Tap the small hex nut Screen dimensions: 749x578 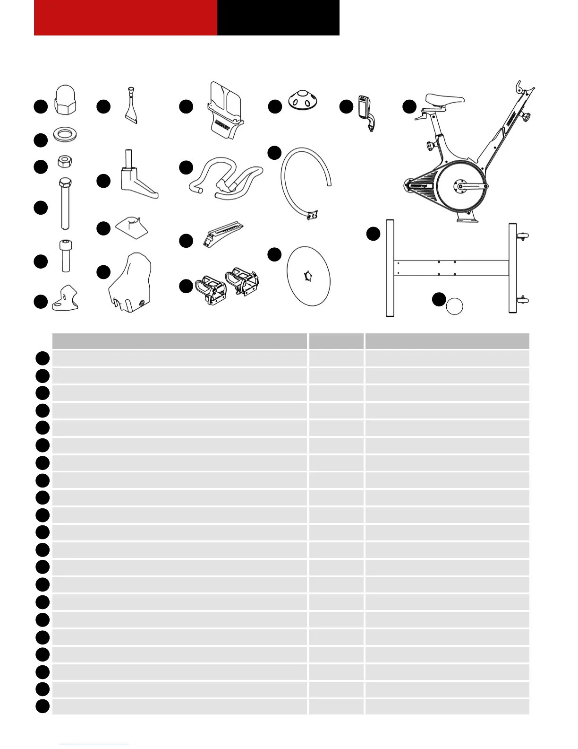pyautogui.click(x=65, y=161)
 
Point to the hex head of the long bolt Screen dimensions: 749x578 pyautogui.click(x=65, y=182)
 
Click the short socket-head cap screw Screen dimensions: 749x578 pyautogui.click(x=66, y=256)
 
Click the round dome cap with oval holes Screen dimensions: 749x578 pyautogui.click(x=303, y=99)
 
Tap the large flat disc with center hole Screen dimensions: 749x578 pyautogui.click(x=308, y=276)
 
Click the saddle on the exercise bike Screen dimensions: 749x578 pyautogui.click(x=444, y=99)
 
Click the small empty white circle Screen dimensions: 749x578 pyautogui.click(x=455, y=306)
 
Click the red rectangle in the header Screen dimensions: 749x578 pyautogui.click(x=125, y=17)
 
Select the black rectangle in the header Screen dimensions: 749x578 pyautogui.click(x=278, y=17)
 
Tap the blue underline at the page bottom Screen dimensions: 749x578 pyautogui.click(x=93, y=745)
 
